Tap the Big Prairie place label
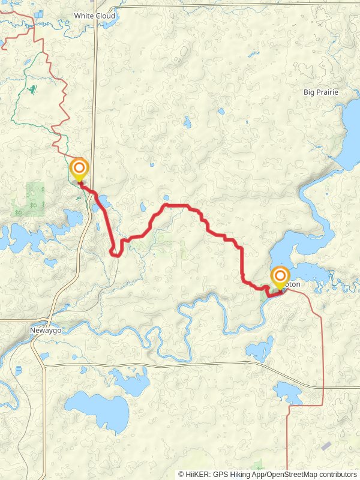click(x=321, y=92)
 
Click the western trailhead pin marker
click(x=79, y=169)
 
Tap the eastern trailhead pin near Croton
click(x=280, y=278)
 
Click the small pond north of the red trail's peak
click(x=166, y=197)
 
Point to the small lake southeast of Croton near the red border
click(x=288, y=392)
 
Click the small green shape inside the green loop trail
click(x=31, y=90)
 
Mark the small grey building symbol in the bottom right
click(x=326, y=446)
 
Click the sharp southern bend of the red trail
click(x=116, y=254)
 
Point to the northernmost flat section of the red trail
click(x=177, y=206)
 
